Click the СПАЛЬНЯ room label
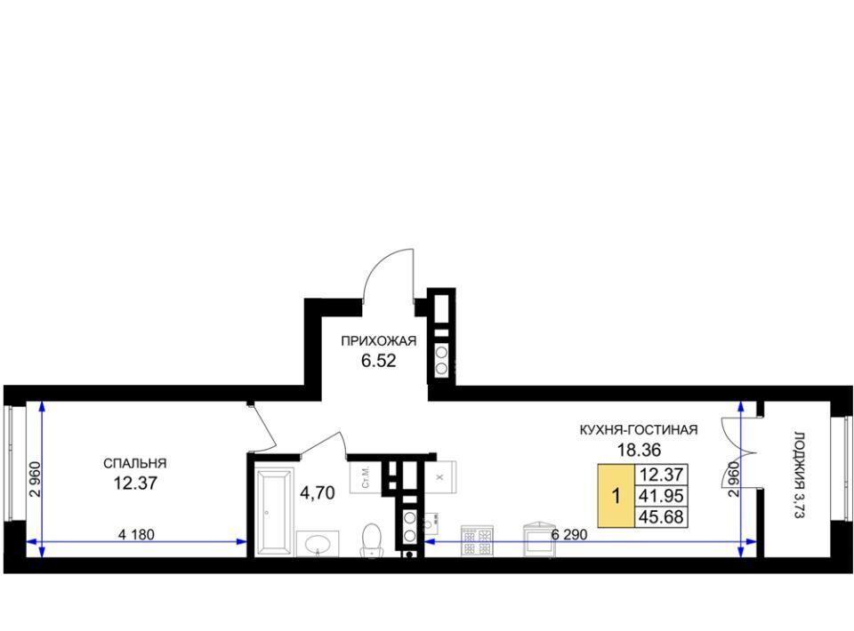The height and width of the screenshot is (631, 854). point(134,463)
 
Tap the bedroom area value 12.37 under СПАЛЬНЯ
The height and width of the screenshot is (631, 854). point(135,483)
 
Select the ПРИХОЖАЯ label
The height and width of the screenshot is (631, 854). point(379,341)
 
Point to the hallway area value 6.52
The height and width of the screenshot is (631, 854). point(379,360)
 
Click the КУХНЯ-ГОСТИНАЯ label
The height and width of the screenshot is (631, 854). point(639,430)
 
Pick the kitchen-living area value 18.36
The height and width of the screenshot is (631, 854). point(639,450)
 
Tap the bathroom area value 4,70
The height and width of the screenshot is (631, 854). point(318,493)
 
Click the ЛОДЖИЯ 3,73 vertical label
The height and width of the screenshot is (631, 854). point(799,475)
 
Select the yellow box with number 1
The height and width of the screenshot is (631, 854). point(616,496)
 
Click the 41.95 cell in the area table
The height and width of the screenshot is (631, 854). point(661,496)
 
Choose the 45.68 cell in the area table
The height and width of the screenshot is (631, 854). point(661,516)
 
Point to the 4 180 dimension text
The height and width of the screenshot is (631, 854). point(136,535)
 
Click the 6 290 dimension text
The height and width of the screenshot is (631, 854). point(569,535)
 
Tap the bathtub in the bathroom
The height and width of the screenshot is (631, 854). point(275,513)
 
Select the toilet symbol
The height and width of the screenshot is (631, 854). point(372,539)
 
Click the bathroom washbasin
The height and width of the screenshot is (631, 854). point(318,544)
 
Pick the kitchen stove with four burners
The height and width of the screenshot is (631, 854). point(477,540)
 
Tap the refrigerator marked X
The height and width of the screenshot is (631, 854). point(440,477)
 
